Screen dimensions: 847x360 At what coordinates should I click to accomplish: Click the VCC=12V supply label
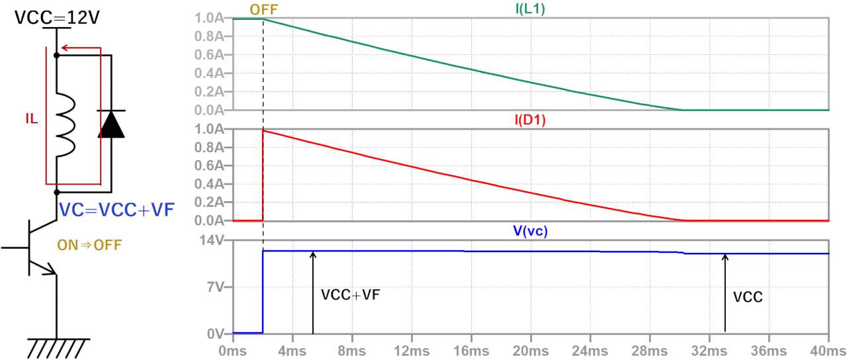[x=57, y=17]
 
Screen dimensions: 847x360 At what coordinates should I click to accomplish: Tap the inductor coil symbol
[x=66, y=125]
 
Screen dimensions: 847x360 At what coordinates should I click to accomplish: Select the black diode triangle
[x=111, y=124]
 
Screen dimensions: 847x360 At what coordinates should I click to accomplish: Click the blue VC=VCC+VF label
[x=117, y=210]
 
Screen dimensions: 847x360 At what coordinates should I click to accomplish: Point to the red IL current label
[x=32, y=119]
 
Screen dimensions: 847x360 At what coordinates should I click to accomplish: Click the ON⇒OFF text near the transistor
[x=89, y=245]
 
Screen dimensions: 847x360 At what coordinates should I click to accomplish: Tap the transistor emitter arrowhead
[x=51, y=270]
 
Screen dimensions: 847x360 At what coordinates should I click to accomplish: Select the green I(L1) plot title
[x=530, y=9]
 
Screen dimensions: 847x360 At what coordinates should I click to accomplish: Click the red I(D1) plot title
[x=530, y=120]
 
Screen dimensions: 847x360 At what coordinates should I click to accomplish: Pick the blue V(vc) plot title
[x=530, y=231]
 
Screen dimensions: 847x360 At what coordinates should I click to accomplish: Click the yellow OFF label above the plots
[x=263, y=9]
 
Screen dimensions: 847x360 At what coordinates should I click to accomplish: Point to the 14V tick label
[x=212, y=240]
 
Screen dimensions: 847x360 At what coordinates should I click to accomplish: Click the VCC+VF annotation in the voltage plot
[x=350, y=295]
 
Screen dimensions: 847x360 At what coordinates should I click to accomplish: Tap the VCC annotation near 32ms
[x=748, y=297]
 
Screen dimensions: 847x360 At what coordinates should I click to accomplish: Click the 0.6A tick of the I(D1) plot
[x=209, y=165]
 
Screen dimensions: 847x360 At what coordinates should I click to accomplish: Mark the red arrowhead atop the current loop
[x=65, y=48]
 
